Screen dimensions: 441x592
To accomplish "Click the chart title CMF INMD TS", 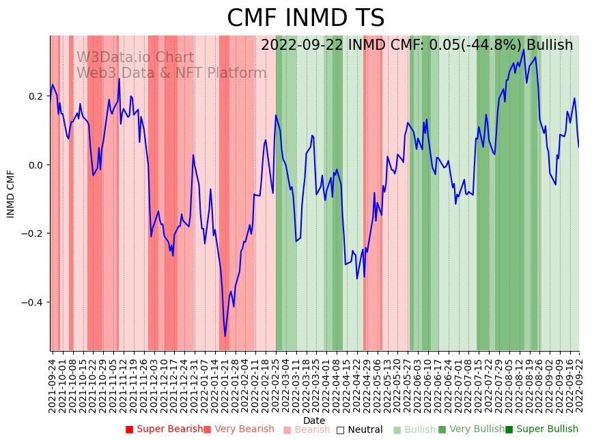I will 305,18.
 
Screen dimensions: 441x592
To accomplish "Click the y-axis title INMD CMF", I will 11,194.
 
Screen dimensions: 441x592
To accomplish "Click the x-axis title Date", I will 314,421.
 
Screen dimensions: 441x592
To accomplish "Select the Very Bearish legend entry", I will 243,429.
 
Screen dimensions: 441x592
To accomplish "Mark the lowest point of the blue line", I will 225,336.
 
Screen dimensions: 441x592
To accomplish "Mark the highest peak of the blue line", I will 524,49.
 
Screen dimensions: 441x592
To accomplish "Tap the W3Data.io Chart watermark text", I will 135,58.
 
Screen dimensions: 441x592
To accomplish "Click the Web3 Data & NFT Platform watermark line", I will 171,73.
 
